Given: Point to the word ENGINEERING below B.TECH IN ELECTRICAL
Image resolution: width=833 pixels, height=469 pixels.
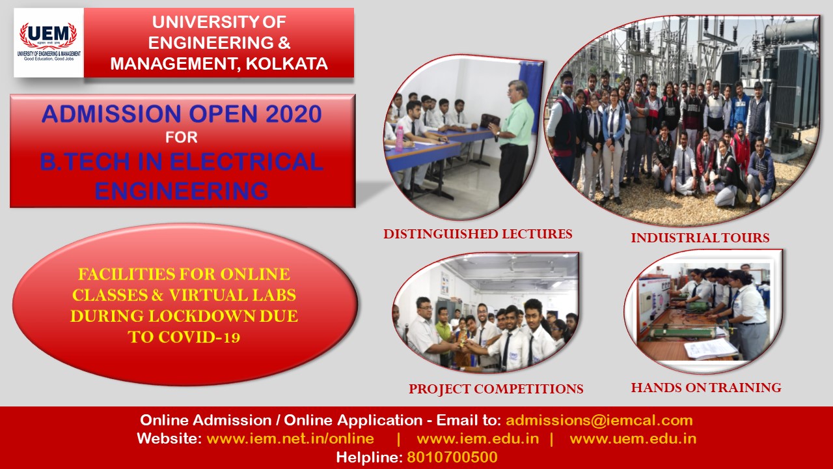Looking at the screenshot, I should tap(182, 190).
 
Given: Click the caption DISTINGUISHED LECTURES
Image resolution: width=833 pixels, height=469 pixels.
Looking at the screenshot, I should tap(478, 234).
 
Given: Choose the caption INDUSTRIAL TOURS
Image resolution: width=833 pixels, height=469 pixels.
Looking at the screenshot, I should tap(700, 238).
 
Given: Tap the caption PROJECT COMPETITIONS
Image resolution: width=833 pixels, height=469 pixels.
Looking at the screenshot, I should tap(496, 390).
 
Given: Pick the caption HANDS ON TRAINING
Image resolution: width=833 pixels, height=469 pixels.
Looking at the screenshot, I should tap(706, 388).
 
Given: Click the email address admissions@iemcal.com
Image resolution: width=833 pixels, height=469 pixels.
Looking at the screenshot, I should tap(599, 420).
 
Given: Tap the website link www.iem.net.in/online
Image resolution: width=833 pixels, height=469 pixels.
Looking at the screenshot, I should tap(290, 438).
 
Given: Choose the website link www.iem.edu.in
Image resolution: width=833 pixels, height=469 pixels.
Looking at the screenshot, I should tap(478, 438).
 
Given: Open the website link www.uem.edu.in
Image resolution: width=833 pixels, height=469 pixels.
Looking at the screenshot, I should tap(633, 438).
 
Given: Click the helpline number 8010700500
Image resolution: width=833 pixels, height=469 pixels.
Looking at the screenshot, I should tap(452, 457).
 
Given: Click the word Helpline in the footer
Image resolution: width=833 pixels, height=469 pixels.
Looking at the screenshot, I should tap(368, 457).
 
